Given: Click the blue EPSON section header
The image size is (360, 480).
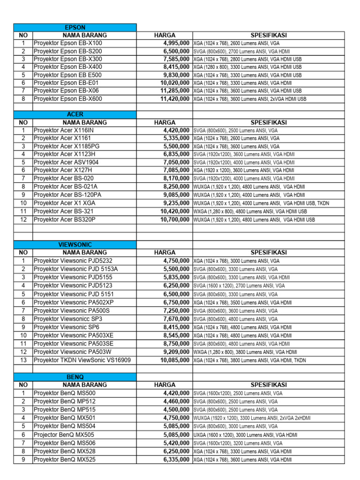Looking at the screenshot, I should pos(75,28).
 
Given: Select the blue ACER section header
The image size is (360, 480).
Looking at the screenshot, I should pos(75,114).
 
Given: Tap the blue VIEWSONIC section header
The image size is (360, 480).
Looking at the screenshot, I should pos(75,245).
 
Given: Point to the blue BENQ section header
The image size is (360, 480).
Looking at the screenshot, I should pos(75,377).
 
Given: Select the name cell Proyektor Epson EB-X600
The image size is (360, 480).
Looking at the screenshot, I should pos(67,99).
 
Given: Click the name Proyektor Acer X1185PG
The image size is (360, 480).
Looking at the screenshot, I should pos(67,146).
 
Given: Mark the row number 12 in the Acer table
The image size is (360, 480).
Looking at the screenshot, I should pos(23,219).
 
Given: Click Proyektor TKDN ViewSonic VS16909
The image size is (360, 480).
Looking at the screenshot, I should pos(82,360).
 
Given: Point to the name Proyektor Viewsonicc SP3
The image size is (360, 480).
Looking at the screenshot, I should pos(67,319).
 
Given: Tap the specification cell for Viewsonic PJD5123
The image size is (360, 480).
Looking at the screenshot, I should pos(239,285).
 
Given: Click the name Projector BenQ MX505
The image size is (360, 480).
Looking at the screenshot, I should pos(64,435).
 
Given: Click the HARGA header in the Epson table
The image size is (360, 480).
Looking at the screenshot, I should pos(165,35).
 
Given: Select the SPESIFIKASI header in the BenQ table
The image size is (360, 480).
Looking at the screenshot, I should pos(269,385).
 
